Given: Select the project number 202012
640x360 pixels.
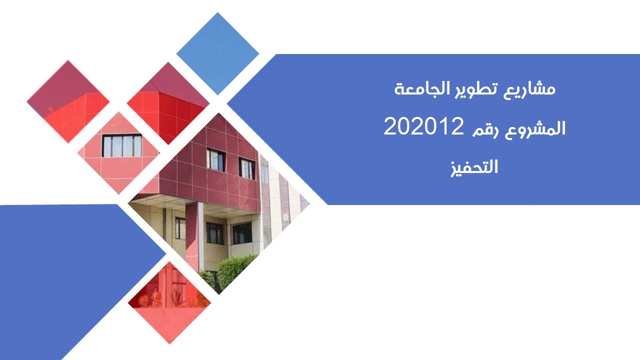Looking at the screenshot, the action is coord(423,126).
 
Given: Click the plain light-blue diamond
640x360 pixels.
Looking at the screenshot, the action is coord(217,53).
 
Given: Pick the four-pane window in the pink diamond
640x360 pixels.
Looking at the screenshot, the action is coord(122,145).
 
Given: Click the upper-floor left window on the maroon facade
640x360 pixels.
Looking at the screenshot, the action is coord(216,159).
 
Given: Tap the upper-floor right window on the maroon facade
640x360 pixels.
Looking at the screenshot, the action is coord(247,168).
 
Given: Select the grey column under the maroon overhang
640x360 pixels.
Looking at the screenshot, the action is coord(200,236).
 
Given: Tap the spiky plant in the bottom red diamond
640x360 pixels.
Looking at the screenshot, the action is coord(175,297).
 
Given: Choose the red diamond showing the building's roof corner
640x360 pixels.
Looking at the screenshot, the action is coord(168,103).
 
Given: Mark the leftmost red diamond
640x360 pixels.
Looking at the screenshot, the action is coord(68,101).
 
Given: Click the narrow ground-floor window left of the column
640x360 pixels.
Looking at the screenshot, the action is coord(180,228).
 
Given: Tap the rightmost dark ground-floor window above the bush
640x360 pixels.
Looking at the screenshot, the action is coord(242,233).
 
